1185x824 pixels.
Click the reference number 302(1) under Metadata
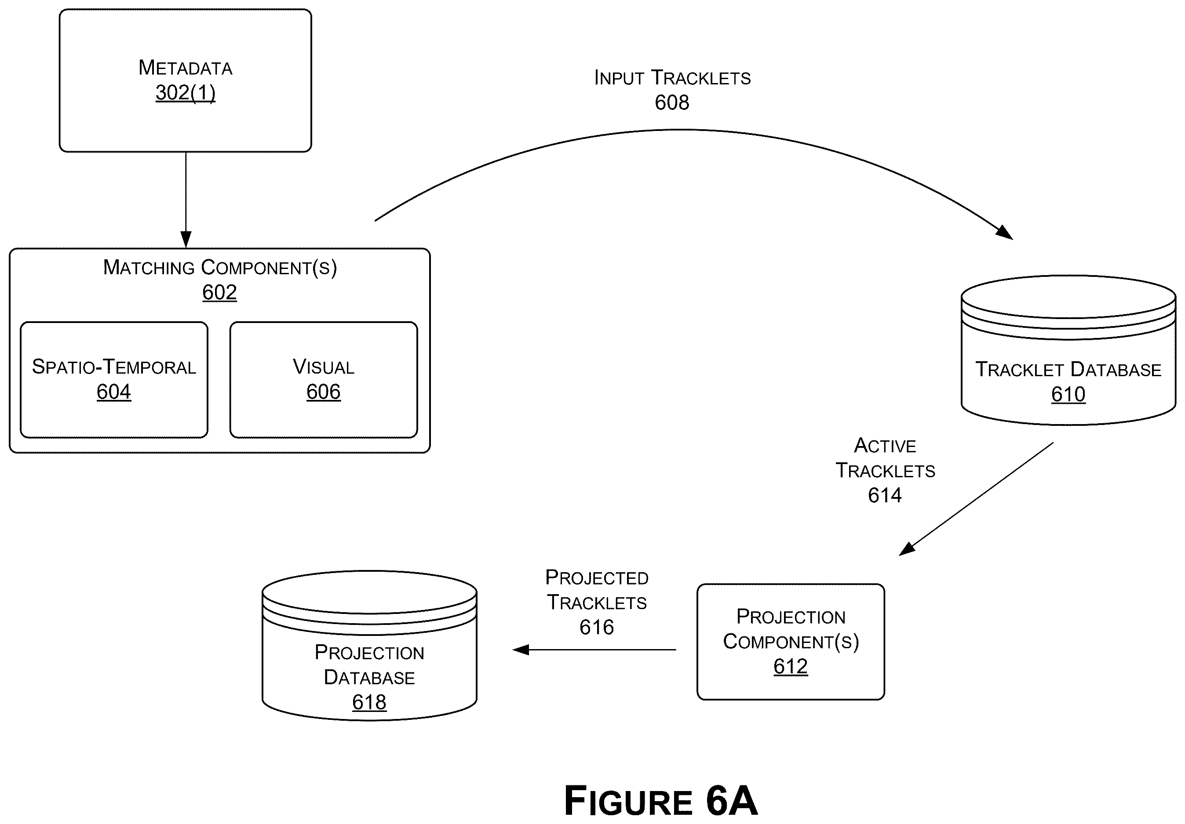point(185,93)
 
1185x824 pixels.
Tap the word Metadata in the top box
point(185,68)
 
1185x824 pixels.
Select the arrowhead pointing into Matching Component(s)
point(186,240)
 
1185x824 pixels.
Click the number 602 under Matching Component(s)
point(219,292)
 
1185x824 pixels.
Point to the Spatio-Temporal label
point(114,367)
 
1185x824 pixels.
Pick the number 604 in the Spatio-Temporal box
point(114,392)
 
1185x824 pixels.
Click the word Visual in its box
point(324,367)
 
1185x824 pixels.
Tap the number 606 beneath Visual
point(324,392)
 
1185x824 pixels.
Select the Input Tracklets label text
point(672,77)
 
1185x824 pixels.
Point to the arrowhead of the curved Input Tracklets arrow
point(1004,233)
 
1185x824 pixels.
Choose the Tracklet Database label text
point(1068,370)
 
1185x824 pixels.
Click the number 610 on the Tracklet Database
point(1068,394)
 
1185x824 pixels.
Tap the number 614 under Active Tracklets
point(885,495)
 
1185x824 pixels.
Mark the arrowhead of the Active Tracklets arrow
point(907,548)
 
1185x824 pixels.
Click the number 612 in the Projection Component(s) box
point(790,666)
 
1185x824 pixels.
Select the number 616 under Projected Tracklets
point(597,627)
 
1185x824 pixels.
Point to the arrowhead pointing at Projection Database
point(520,650)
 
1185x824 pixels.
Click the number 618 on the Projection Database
point(369,702)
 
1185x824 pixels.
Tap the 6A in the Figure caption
point(732,800)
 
